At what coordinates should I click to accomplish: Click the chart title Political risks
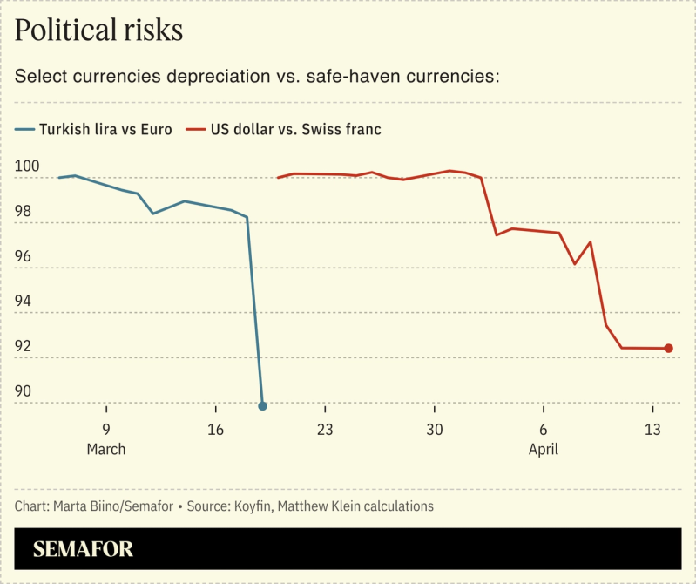98,31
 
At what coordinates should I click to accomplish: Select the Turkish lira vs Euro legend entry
94,129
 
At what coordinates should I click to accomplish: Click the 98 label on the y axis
24,211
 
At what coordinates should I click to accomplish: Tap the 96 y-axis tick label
24,256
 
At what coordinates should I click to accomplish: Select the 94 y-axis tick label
24,301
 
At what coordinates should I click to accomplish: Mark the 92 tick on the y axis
24,346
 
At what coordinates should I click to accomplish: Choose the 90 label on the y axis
24,391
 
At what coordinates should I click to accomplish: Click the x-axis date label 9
106,430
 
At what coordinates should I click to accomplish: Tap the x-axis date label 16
215,430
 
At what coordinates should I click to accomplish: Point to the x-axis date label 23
325,430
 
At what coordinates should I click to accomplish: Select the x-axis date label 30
434,430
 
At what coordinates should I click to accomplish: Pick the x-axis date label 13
652,430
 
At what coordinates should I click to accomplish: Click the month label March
106,450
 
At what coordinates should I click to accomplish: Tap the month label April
543,450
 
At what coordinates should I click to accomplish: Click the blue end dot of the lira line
262,406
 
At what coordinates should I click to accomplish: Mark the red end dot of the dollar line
668,349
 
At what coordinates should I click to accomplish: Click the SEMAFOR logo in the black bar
83,550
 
